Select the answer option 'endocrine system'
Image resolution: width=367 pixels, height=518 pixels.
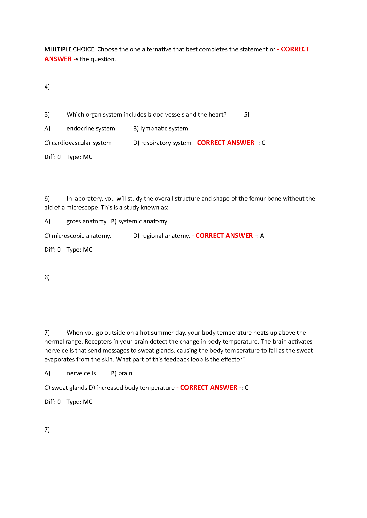(x=91, y=128)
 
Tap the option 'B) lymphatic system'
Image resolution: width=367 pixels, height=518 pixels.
(x=161, y=128)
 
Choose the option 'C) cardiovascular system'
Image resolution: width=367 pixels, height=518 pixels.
(x=78, y=143)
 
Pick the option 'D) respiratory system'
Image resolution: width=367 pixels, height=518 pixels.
(x=162, y=143)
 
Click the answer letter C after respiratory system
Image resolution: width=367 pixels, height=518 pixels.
(x=263, y=143)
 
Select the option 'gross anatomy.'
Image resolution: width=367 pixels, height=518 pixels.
(x=87, y=221)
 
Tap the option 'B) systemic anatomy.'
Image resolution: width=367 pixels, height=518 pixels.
(x=140, y=221)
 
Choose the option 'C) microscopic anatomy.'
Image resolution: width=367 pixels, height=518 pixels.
(x=78, y=236)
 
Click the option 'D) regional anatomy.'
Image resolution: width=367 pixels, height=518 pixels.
(x=161, y=236)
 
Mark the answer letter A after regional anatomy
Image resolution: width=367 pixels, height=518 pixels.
(x=262, y=236)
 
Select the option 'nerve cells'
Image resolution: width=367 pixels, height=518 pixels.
(x=81, y=373)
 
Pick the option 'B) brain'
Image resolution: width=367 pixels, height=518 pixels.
(x=122, y=373)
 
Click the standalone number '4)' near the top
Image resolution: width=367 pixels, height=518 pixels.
(x=47, y=87)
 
